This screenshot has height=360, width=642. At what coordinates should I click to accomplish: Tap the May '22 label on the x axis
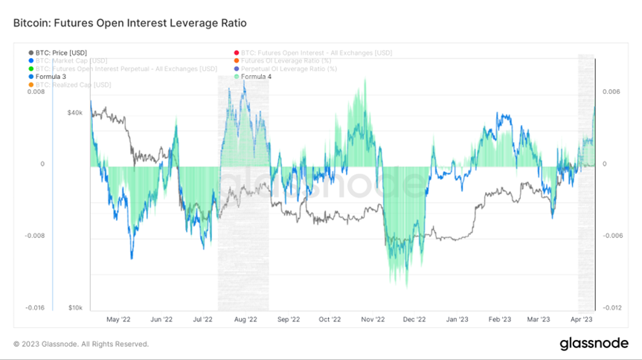pyautogui.click(x=118, y=319)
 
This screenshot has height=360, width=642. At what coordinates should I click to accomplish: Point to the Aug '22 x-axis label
pyautogui.click(x=245, y=319)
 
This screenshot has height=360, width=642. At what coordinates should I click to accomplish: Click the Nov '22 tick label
pyautogui.click(x=373, y=319)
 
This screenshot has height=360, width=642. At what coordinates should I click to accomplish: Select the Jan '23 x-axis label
pyautogui.click(x=458, y=319)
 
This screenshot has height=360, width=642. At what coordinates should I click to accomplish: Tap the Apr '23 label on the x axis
pyautogui.click(x=581, y=319)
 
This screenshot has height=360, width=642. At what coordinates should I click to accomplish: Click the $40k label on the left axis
pyautogui.click(x=75, y=112)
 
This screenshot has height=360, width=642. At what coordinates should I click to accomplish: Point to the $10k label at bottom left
pyautogui.click(x=75, y=307)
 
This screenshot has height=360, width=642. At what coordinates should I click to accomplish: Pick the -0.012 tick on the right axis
pyautogui.click(x=611, y=307)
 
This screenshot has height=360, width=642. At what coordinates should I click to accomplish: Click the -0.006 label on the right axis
pyautogui.click(x=611, y=235)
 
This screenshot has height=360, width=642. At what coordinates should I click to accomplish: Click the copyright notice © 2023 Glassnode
pyautogui.click(x=81, y=344)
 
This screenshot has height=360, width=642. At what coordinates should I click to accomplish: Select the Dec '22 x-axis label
pyautogui.click(x=414, y=319)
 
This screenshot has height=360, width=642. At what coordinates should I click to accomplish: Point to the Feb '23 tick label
pyautogui.click(x=499, y=319)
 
